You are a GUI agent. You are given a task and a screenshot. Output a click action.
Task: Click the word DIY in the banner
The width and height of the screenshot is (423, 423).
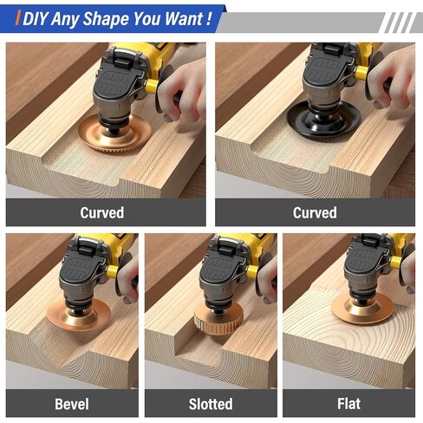pyautogui.click(x=36, y=19)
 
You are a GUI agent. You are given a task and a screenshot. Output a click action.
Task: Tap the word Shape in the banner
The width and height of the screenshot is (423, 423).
pyautogui.click(x=106, y=19)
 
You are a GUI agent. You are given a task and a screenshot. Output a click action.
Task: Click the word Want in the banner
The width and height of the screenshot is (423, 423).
pyautogui.click(x=184, y=19)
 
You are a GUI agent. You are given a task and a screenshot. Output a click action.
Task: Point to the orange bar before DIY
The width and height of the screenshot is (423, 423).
pyautogui.click(x=18, y=18)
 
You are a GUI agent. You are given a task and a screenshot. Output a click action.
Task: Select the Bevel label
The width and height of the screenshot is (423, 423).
pyautogui.click(x=72, y=404)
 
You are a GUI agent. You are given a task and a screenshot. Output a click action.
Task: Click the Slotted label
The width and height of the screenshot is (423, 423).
pyautogui.click(x=211, y=404)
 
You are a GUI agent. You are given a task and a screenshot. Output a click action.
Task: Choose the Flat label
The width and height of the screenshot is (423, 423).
pyautogui.click(x=348, y=403)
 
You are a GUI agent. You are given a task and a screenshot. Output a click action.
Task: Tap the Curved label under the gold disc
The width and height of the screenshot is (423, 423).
pyautogui.click(x=102, y=212)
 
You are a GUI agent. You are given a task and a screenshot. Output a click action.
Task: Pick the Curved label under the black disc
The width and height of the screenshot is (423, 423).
pyautogui.click(x=315, y=212)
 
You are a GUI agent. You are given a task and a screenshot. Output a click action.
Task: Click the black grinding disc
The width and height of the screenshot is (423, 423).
pyautogui.click(x=324, y=120)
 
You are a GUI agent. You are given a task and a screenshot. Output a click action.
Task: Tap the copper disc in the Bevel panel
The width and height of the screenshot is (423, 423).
pyautogui.click(x=79, y=316)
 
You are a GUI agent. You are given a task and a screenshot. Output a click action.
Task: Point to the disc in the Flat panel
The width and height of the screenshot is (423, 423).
pyautogui.click(x=362, y=309)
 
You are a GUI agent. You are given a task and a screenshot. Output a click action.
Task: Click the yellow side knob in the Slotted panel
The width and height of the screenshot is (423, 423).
pyautogui.click(x=251, y=272)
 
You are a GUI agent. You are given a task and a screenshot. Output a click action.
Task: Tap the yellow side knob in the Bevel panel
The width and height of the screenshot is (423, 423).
pyautogui.click(x=112, y=271)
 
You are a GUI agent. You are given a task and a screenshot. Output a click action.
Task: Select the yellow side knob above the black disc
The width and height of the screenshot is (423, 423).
pyautogui.click(x=361, y=73)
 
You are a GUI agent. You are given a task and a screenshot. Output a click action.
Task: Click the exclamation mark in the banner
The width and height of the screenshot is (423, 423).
pyautogui.click(x=209, y=19)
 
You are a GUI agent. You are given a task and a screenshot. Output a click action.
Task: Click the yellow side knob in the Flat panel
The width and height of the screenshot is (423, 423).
pyautogui.click(x=396, y=263)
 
